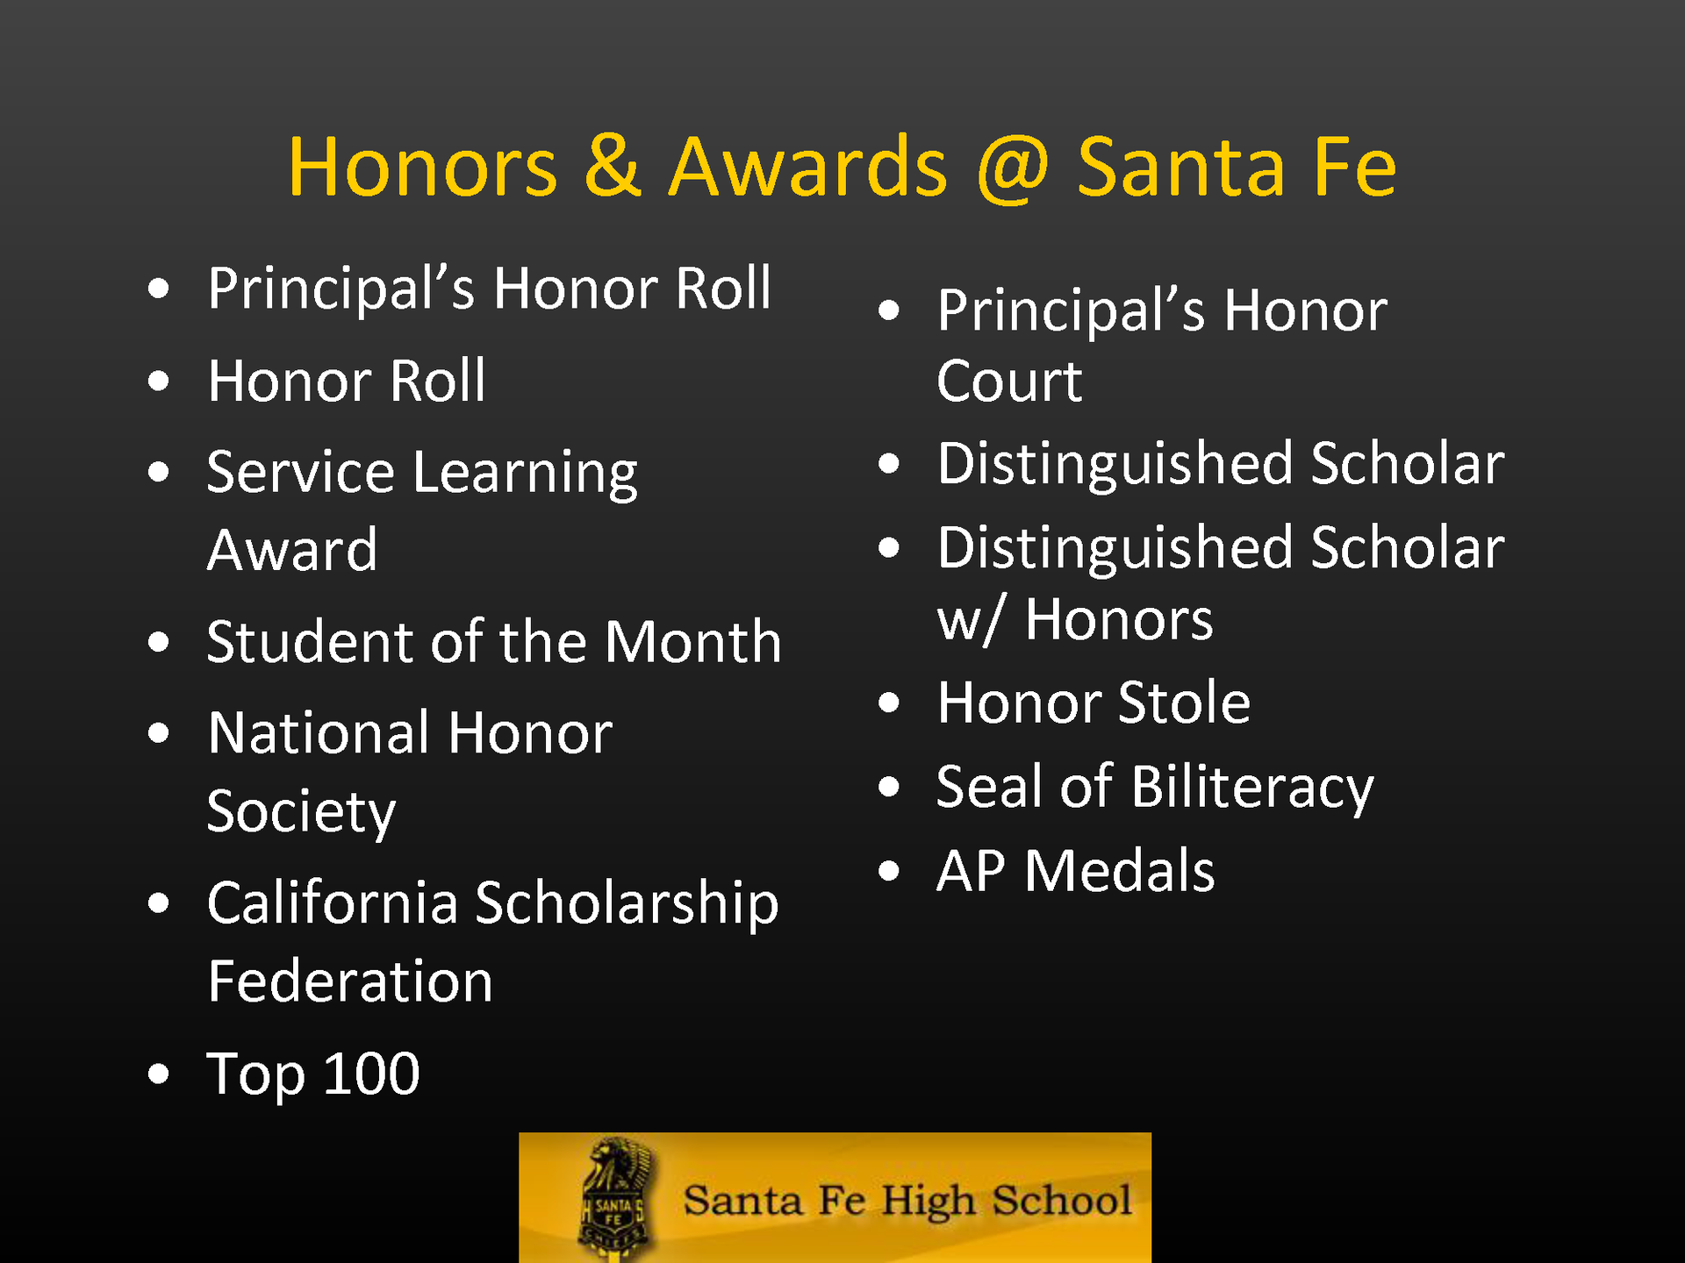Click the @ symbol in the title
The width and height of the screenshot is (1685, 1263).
click(1012, 168)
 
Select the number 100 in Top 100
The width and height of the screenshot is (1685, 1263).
click(371, 1073)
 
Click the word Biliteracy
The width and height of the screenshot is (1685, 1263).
click(1251, 788)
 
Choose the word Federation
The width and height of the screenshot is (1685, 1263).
click(350, 981)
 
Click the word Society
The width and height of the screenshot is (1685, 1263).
click(301, 812)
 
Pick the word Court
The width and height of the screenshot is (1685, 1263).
click(1009, 382)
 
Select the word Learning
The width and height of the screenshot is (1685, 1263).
click(524, 475)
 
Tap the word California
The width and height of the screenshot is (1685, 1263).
click(333, 903)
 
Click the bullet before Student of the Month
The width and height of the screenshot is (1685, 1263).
click(159, 642)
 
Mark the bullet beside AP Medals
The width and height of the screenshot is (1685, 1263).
click(889, 871)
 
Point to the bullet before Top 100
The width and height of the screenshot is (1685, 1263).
click(159, 1074)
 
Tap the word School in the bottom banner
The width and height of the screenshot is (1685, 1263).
click(1062, 1200)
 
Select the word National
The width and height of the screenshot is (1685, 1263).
click(319, 733)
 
